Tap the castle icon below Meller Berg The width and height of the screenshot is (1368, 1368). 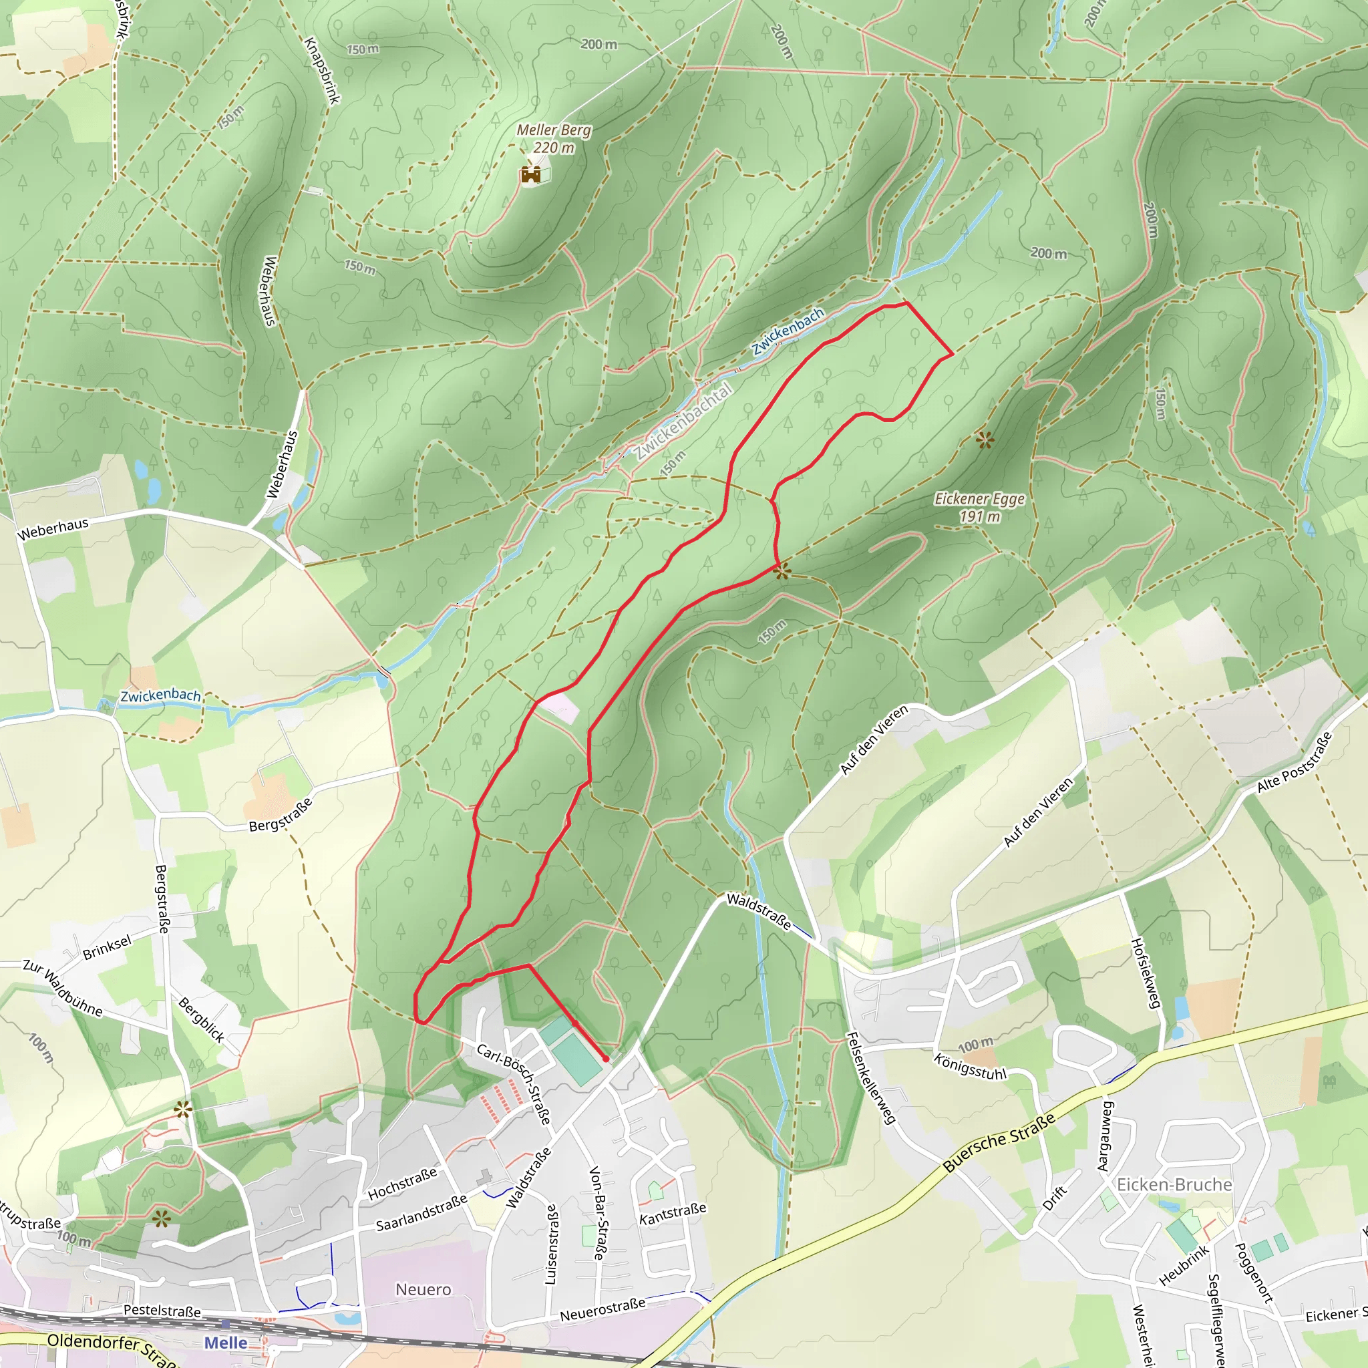(530, 174)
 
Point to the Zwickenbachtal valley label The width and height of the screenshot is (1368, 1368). (683, 423)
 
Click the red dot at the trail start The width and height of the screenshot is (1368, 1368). (606, 1059)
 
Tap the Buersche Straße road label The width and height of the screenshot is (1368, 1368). (999, 1142)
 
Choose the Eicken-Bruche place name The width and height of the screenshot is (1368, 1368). (1174, 1184)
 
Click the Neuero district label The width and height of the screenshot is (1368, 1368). (423, 1289)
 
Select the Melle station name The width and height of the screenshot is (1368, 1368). (225, 1343)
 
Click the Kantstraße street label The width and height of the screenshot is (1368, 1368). (673, 1214)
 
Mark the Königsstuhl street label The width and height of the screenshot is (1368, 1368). (970, 1066)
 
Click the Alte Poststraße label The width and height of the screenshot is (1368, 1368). (1295, 763)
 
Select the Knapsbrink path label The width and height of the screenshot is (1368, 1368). (322, 71)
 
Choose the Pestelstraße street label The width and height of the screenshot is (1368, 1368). (162, 1311)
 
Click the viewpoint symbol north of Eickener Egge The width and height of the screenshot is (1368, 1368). (984, 440)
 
